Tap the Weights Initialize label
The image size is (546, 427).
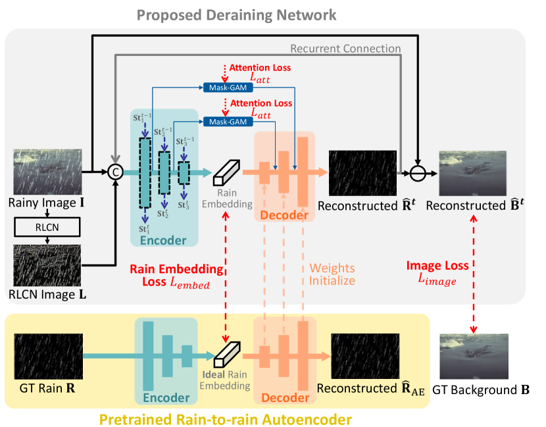click(x=332, y=274)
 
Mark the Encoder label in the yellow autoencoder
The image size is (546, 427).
click(x=166, y=397)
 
